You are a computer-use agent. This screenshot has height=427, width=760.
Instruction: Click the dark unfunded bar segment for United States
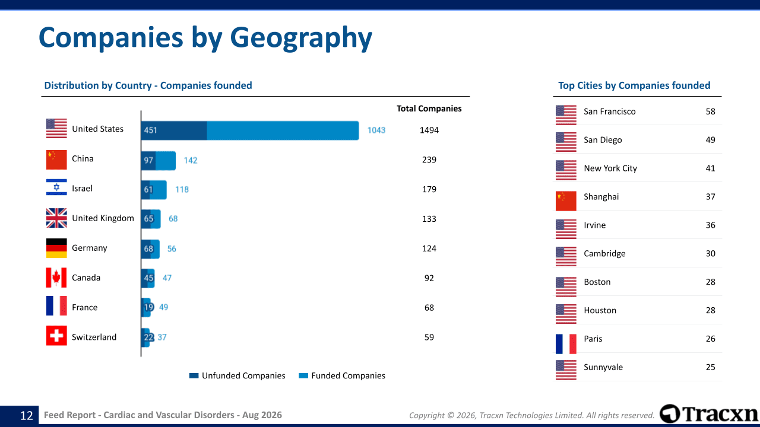pyautogui.click(x=174, y=130)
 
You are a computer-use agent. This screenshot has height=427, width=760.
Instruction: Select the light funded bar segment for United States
pyautogui.click(x=283, y=130)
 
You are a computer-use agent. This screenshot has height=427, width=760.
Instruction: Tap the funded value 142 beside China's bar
pyautogui.click(x=191, y=160)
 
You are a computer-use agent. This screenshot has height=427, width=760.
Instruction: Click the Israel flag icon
pyautogui.click(x=56, y=187)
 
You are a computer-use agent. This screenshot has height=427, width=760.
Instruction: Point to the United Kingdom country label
pyautogui.click(x=103, y=218)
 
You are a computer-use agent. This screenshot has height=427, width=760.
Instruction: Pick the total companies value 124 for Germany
pyautogui.click(x=429, y=248)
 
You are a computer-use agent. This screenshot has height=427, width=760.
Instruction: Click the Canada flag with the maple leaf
pyautogui.click(x=56, y=278)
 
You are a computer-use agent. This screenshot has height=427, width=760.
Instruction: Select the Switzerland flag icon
pyautogui.click(x=56, y=336)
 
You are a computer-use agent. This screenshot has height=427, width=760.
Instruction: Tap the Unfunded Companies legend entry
pyautogui.click(x=237, y=375)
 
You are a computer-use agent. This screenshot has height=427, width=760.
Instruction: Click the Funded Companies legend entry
pyautogui.click(x=342, y=375)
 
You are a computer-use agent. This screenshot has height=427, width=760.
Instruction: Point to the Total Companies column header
pyautogui.click(x=429, y=109)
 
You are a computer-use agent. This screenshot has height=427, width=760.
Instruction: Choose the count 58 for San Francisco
pyautogui.click(x=711, y=111)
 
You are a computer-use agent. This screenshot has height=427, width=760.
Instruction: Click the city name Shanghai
pyautogui.click(x=601, y=197)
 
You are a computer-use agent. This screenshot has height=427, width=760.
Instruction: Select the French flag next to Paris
pyautogui.click(x=566, y=344)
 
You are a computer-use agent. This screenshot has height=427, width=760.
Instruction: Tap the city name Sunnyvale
pyautogui.click(x=603, y=367)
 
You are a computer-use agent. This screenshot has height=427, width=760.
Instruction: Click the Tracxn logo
pyautogui.click(x=709, y=413)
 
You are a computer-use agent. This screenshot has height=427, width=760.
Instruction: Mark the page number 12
pyautogui.click(x=27, y=416)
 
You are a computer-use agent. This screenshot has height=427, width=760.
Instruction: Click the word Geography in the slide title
pyautogui.click(x=301, y=38)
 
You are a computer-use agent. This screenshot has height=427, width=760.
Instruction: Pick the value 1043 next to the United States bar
pyautogui.click(x=376, y=130)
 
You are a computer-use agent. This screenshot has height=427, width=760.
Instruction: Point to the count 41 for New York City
pyautogui.click(x=711, y=168)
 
